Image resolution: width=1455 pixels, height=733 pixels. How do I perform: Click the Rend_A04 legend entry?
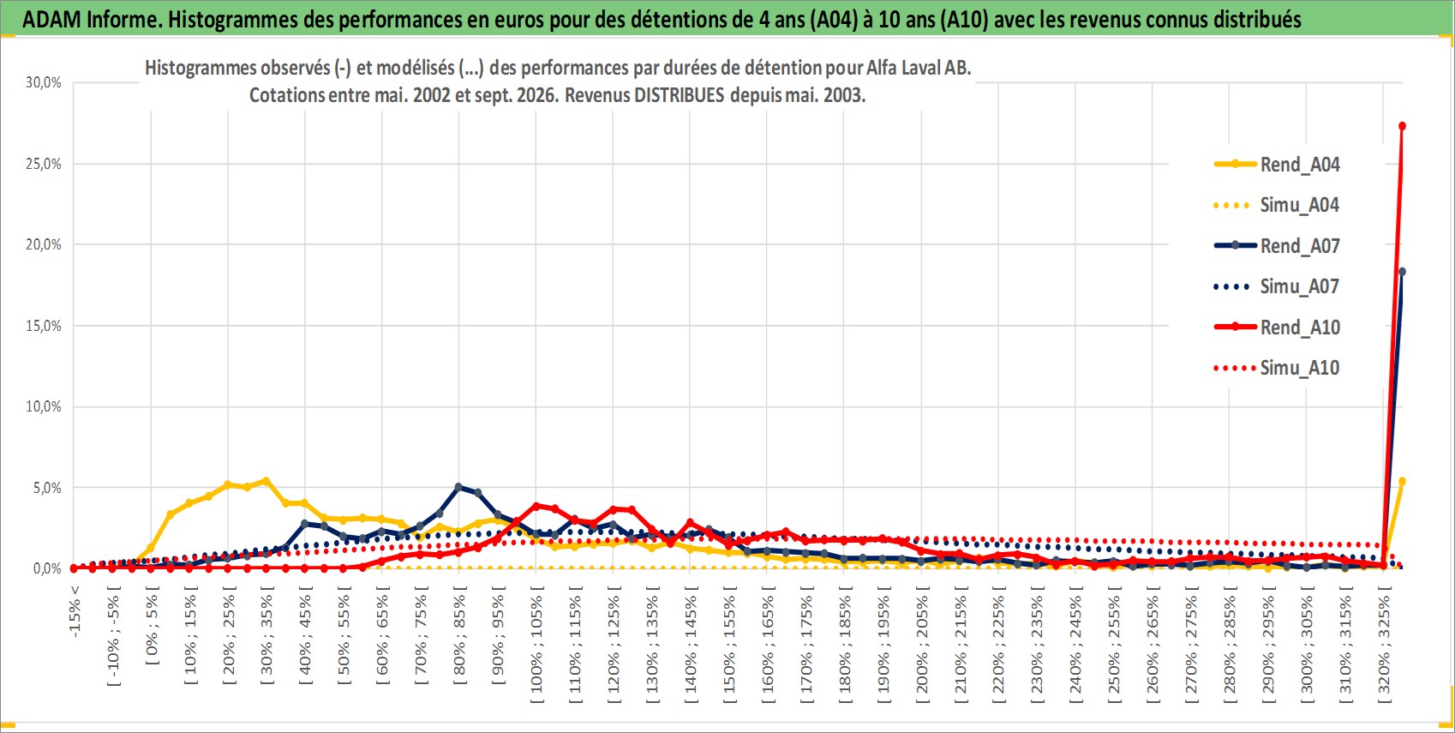[x=1277, y=165]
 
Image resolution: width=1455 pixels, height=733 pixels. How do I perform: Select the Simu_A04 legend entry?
[x=1277, y=206]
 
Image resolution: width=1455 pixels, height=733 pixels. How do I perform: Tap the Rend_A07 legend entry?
[x=1277, y=246]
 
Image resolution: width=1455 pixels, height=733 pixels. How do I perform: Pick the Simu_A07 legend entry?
[x=1277, y=286]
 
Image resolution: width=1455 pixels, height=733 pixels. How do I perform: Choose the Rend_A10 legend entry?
[x=1277, y=327]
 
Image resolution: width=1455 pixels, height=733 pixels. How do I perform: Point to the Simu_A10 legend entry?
[x=1277, y=368]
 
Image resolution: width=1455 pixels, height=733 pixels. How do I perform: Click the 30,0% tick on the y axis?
[x=44, y=82]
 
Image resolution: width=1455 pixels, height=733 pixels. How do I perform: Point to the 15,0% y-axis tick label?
[x=44, y=326]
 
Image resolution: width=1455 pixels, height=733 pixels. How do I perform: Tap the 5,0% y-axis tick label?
[x=47, y=488]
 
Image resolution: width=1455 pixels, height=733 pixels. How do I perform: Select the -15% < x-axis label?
[x=75, y=611]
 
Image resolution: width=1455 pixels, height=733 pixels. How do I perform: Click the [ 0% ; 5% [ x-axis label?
[x=152, y=625]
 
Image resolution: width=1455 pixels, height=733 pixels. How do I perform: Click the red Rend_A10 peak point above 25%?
[x=1402, y=126]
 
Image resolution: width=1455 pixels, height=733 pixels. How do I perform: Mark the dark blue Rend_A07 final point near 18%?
[x=1402, y=272]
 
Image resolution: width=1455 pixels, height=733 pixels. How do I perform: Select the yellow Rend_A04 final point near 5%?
[x=1402, y=482]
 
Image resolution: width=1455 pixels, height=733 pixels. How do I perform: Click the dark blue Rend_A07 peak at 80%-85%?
[x=458, y=487]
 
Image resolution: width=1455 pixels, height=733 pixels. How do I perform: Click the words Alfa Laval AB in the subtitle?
[x=919, y=68]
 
